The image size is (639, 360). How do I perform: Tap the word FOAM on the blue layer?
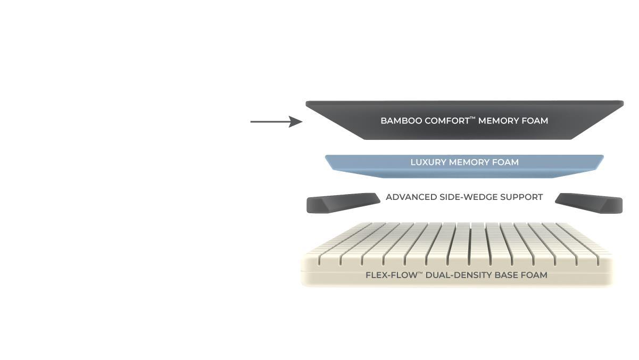505,162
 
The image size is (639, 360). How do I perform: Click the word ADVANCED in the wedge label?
411,197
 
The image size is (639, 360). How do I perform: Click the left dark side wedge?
341,204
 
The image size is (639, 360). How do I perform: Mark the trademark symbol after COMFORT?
472,118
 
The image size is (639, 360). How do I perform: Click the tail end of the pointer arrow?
252,122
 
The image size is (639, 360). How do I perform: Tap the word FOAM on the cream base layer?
536,275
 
